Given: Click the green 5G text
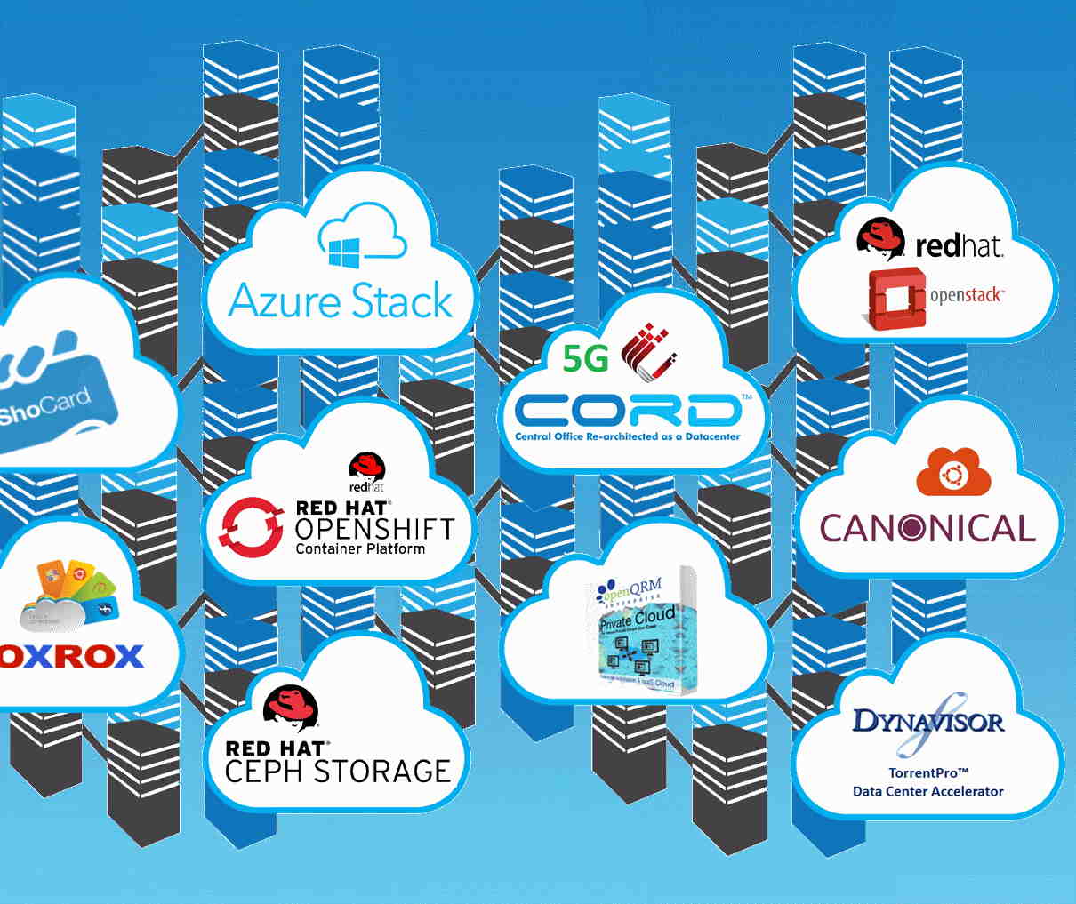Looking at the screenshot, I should point(586,357).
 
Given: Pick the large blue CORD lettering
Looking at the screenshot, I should point(627,411).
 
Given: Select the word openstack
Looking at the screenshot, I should point(967,294).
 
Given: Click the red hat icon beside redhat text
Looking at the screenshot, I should point(881,238).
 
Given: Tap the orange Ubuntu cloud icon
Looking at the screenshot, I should point(953,472).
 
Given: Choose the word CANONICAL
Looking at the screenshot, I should point(927,528).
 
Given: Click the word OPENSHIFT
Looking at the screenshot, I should point(374,529).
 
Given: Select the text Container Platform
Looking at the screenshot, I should point(360,549).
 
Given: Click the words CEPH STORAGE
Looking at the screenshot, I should point(338,771).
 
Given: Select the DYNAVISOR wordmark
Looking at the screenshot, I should point(927,719).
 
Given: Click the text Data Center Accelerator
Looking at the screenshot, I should point(927,791).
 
